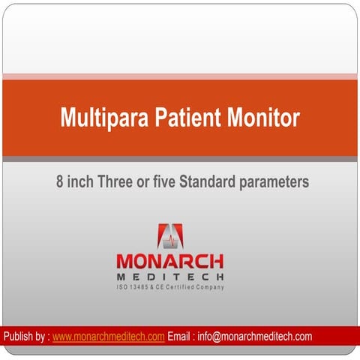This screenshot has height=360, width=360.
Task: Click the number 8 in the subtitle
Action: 60,181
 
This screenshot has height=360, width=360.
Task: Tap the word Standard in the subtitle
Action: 211,181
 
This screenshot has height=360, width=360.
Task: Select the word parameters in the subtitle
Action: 274,182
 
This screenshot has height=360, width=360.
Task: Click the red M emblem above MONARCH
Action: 169,236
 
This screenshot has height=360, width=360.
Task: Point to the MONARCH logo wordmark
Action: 169,261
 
